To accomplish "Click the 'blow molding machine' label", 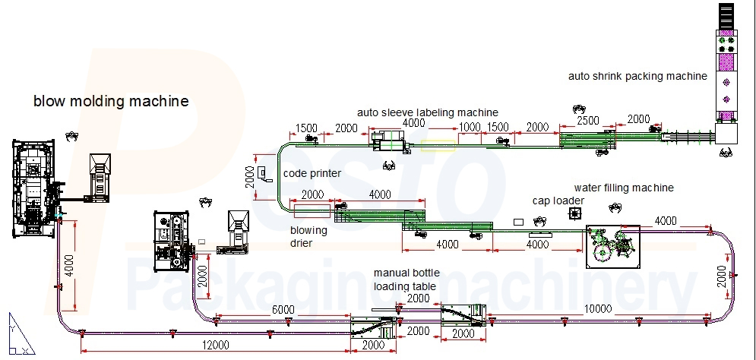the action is point(111,101).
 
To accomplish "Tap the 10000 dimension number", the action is point(597,309).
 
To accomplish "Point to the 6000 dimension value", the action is point(283,309).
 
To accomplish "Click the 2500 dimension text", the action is point(588,121).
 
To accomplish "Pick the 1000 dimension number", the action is point(470,127).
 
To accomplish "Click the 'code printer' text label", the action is point(312,173).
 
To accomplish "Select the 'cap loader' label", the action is point(558,201).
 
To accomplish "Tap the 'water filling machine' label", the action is point(624,188).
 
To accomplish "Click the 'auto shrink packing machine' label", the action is point(637,76).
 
